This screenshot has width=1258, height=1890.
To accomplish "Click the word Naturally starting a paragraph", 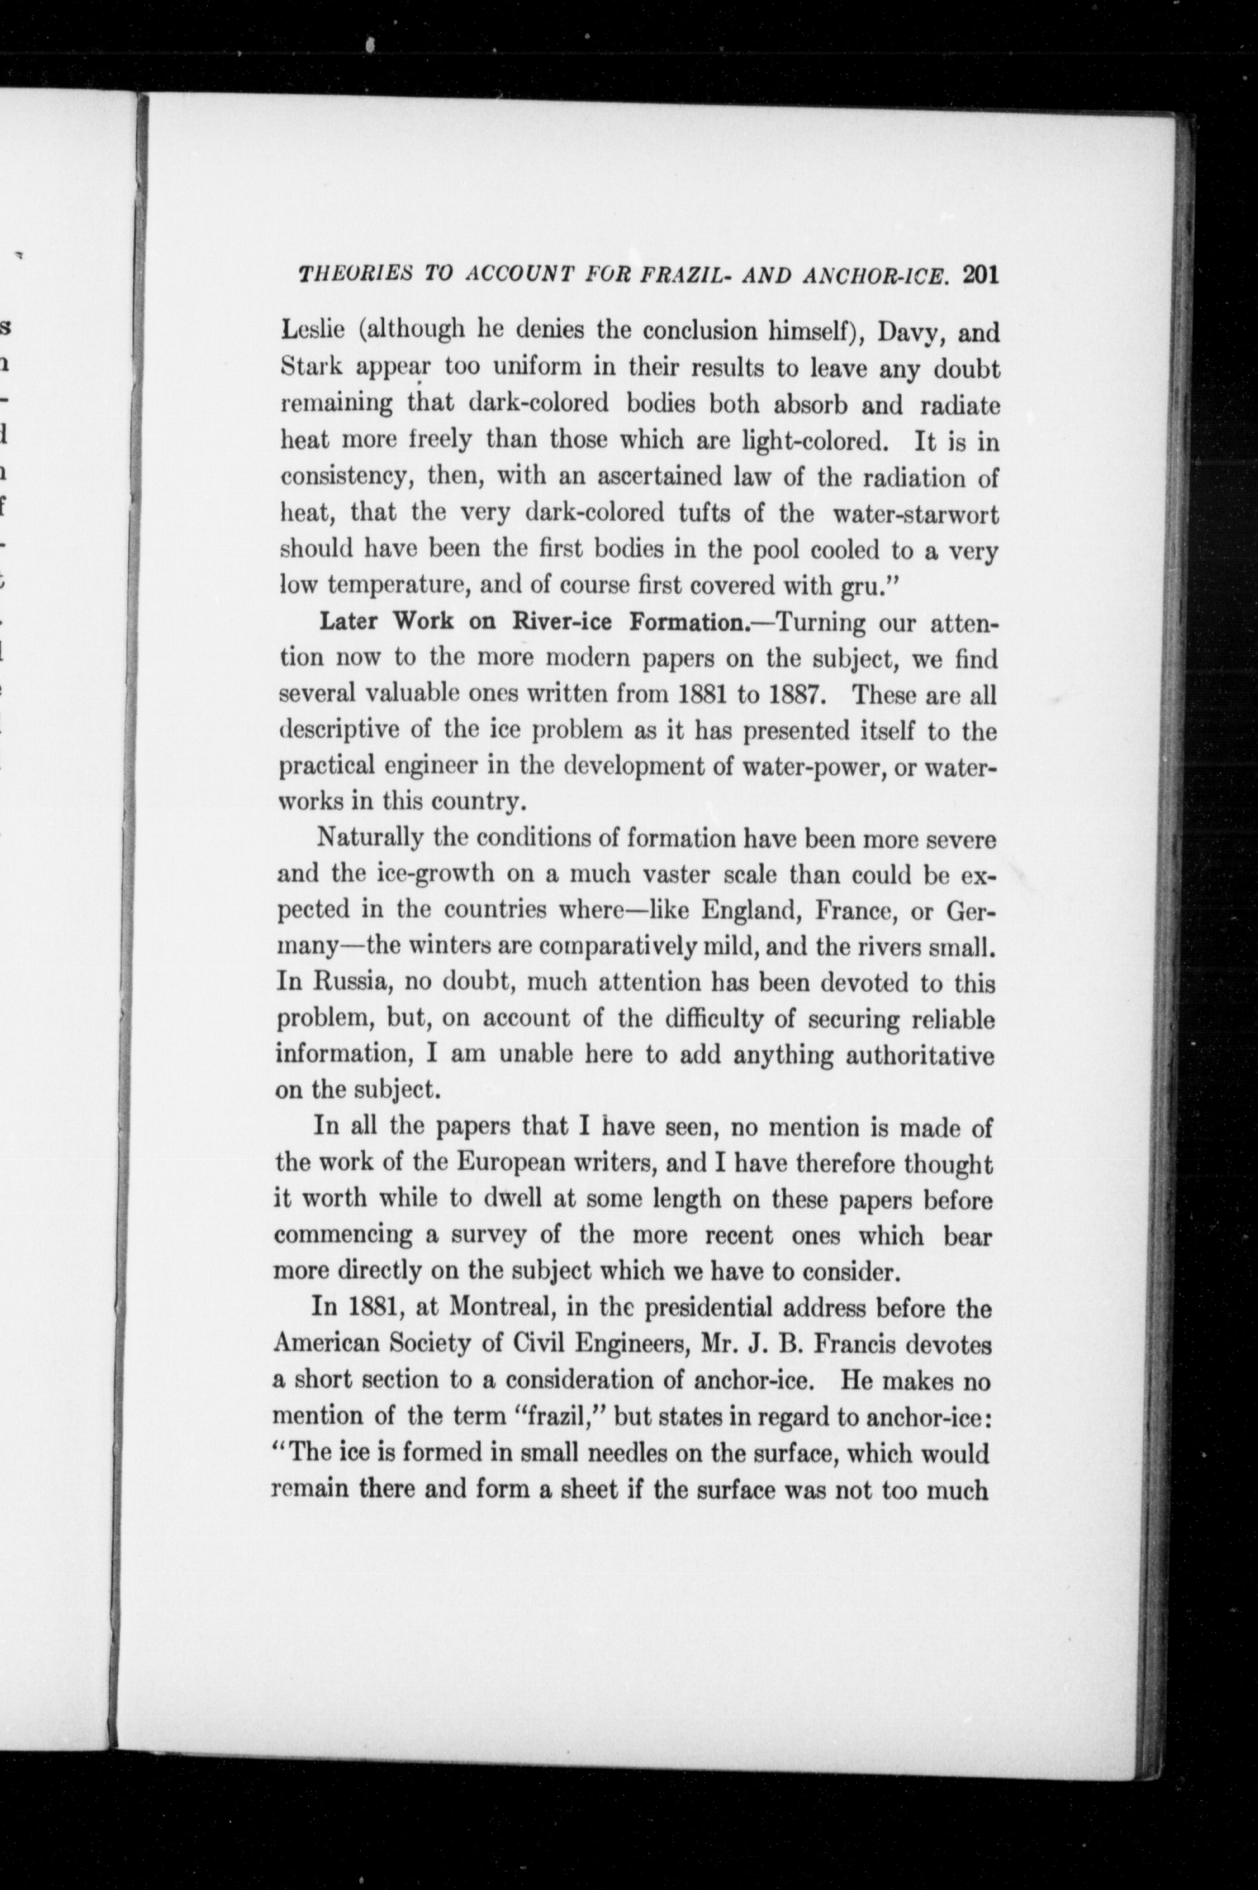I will [x=370, y=838].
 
